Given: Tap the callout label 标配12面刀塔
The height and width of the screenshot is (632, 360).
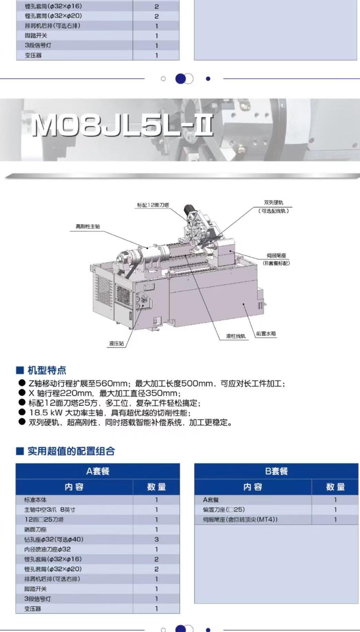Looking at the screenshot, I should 153,205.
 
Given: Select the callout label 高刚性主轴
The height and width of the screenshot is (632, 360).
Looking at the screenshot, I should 88,227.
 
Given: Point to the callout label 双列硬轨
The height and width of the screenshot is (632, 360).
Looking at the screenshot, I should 273,203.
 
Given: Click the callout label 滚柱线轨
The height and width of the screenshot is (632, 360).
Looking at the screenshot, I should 236,336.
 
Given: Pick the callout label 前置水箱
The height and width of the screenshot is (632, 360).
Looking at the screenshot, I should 266,334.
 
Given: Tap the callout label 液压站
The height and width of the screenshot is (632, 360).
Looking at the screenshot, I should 117,344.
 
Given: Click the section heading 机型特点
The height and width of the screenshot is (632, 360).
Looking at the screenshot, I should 47,371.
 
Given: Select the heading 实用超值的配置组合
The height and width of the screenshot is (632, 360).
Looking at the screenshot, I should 71,451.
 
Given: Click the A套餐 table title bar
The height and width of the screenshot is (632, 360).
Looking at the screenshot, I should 98,471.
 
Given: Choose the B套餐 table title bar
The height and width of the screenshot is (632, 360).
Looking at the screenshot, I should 276,471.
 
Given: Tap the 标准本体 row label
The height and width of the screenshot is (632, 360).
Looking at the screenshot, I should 36,500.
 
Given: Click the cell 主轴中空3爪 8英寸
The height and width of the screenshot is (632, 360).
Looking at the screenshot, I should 50,510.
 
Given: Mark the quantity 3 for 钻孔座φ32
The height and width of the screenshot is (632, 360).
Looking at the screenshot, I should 157,539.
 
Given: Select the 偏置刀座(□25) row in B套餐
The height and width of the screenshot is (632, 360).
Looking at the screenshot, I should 224,510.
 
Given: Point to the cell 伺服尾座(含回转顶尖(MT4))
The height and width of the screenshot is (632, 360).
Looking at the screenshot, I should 240,520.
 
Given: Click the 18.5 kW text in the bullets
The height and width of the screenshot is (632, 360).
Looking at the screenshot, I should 46,413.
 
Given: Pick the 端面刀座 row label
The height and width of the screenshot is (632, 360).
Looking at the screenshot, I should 36,530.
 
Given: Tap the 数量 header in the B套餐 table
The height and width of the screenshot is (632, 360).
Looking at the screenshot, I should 335,487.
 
